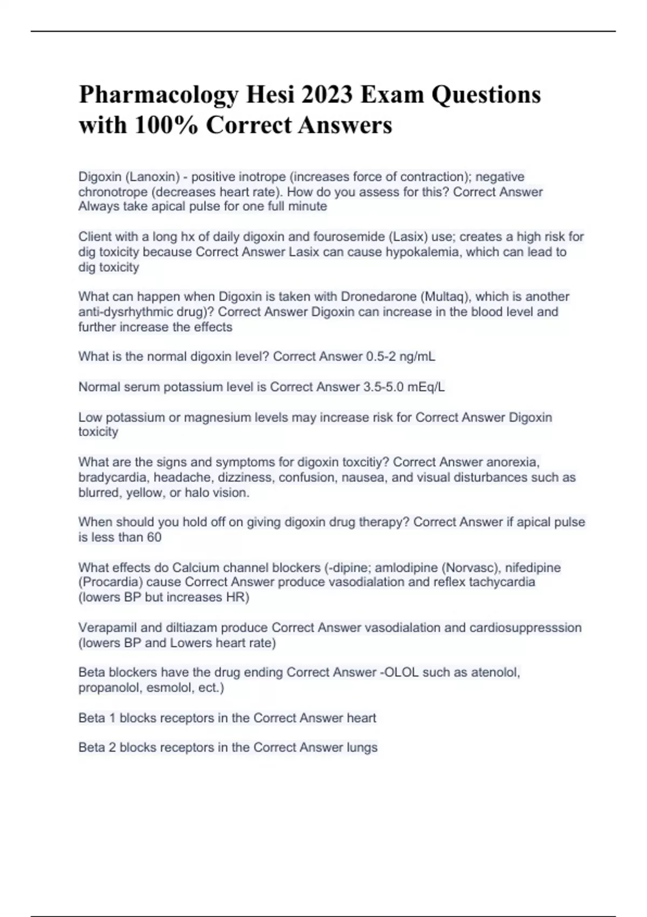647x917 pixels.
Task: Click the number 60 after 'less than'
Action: [154, 537]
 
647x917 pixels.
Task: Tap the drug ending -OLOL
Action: [399, 673]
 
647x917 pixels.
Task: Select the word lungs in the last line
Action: [362, 748]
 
